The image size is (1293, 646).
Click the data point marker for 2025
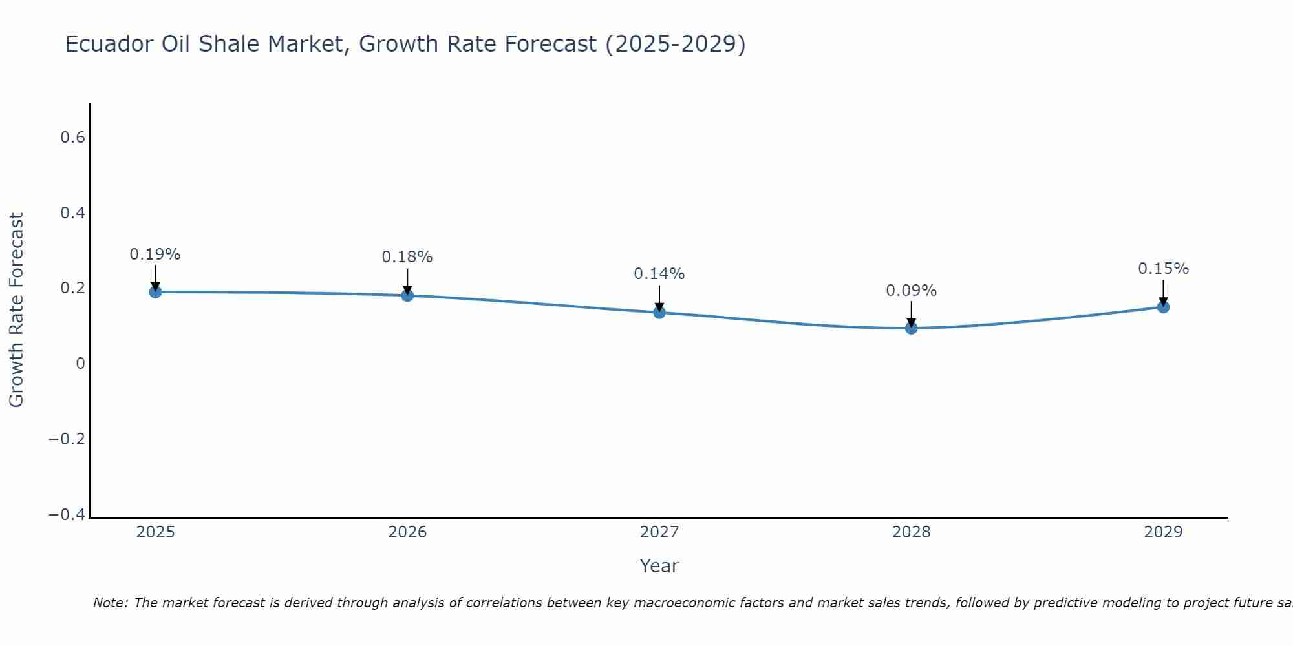tap(155, 292)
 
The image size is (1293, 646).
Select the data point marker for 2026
tap(407, 295)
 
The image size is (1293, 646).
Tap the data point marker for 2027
tap(659, 313)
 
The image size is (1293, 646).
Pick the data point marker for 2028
tap(912, 328)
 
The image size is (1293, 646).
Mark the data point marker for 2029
tap(1163, 307)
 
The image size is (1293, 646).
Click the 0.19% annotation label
tap(155, 255)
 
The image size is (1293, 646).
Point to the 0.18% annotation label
tap(407, 257)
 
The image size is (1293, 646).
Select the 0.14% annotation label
tap(659, 274)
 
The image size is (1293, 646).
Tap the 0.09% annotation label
tap(912, 291)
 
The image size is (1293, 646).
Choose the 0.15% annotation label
tap(1163, 269)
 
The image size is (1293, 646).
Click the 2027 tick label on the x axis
tap(659, 532)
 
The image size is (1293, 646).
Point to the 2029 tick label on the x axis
tap(1163, 532)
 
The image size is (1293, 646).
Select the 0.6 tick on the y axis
tap(73, 138)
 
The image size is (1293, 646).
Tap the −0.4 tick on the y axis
tap(67, 515)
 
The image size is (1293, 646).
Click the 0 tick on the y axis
tap(81, 364)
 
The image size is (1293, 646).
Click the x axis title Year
tap(659, 566)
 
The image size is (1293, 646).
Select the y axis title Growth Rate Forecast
tap(17, 310)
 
